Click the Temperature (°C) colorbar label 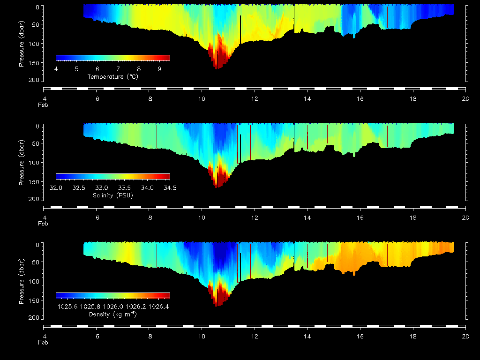tap(112, 76)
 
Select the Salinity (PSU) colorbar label tap(112, 195)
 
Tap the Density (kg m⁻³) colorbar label tap(112, 314)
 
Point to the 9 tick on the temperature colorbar tap(159, 69)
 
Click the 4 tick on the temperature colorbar tap(56, 69)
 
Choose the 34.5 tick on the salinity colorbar tap(170, 187)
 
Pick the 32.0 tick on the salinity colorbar tap(56, 187)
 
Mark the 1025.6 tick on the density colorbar tap(67, 307)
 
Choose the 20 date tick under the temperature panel tap(465, 98)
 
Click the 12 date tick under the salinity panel tap(255, 217)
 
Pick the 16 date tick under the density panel tap(360, 336)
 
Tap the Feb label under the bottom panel tap(43, 342)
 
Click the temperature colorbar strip tap(112, 58)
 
